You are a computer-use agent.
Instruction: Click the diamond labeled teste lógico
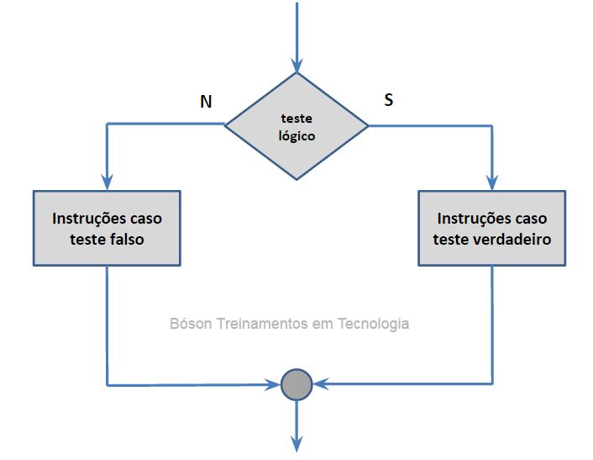tap(296, 126)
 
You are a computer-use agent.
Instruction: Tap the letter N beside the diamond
tap(206, 102)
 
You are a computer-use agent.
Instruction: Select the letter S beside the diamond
tap(388, 99)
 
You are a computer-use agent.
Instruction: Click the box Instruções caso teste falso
tap(107, 228)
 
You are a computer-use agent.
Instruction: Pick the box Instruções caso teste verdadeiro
tap(491, 228)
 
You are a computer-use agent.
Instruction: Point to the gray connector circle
tap(296, 384)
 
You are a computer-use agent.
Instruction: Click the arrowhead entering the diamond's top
tap(296, 65)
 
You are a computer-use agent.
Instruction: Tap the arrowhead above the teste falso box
tap(107, 182)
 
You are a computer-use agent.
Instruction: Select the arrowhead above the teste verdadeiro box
tap(491, 182)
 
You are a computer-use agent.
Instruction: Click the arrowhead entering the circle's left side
tap(273, 385)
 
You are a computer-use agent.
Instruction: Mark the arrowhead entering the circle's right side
tap(320, 385)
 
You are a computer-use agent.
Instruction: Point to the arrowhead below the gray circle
tap(296, 443)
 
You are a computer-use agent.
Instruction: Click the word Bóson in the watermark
tap(191, 323)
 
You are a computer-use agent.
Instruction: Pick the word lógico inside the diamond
tap(296, 135)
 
